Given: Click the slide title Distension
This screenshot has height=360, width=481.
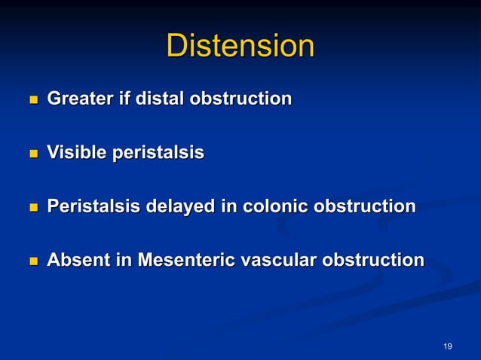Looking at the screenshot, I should coord(240,46).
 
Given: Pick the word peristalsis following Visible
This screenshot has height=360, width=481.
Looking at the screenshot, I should coord(158,153).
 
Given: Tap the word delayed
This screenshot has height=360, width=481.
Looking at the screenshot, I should coord(179,206).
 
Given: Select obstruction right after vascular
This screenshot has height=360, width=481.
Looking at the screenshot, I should coord(372,261).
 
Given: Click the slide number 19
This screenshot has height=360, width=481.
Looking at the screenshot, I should coord(448,346).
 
